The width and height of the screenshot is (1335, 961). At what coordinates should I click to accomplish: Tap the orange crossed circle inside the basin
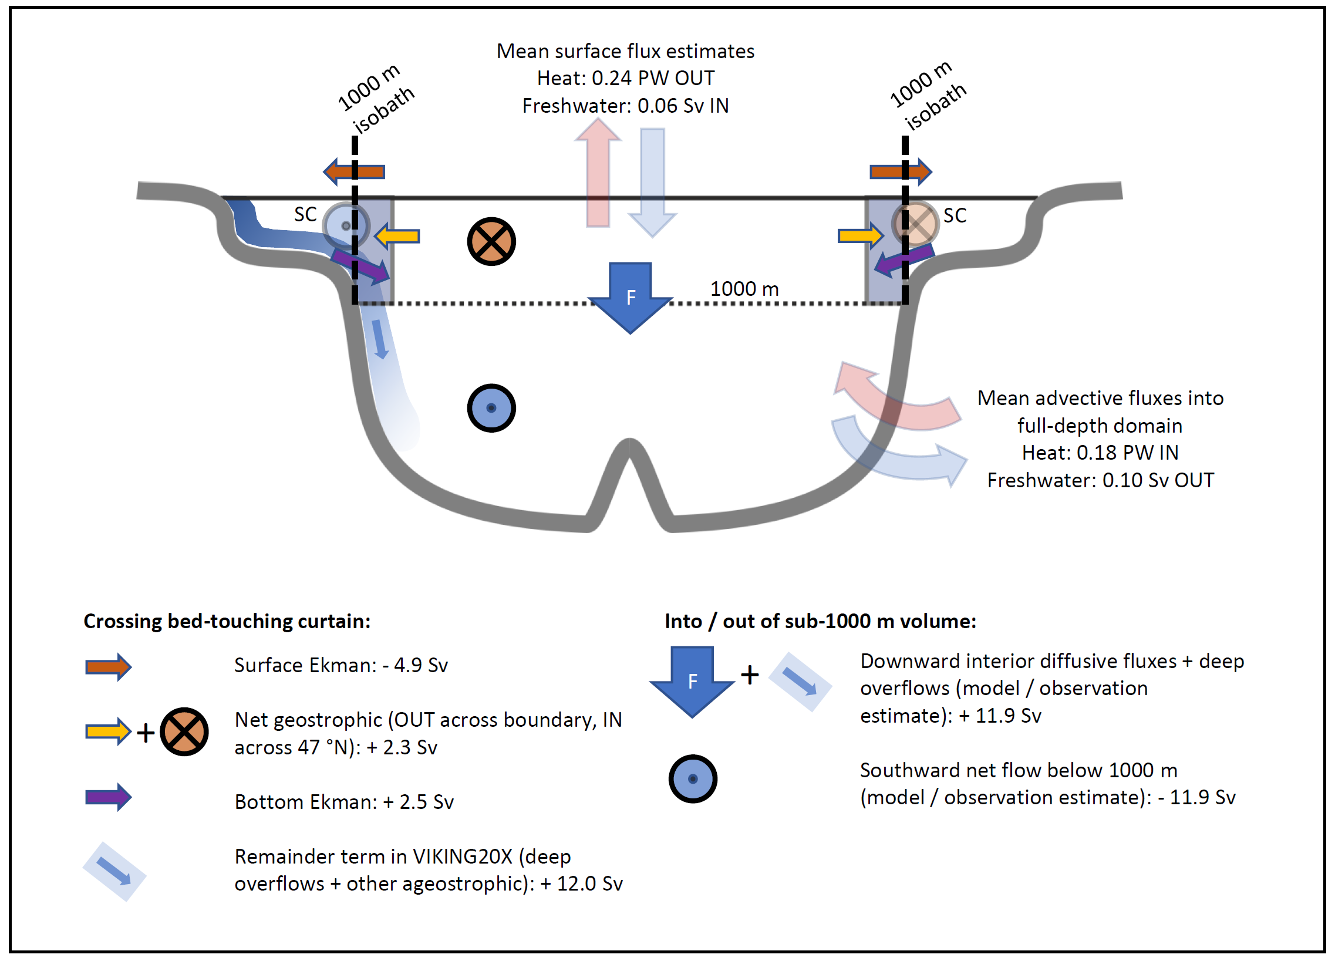(x=491, y=242)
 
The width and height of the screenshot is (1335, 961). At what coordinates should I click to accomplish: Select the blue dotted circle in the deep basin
(x=491, y=408)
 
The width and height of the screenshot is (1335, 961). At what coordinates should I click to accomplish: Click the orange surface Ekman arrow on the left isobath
(x=354, y=172)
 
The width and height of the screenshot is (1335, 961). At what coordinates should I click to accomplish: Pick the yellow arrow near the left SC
(x=397, y=237)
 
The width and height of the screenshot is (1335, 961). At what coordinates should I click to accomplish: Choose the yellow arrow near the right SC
(x=860, y=236)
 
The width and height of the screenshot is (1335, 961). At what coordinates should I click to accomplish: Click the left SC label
(x=305, y=214)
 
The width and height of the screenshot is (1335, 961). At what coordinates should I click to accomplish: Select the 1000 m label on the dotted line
(x=744, y=289)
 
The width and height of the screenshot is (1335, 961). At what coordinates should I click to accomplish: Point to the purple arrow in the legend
(x=108, y=797)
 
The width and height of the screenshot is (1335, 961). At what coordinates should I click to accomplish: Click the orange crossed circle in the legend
(x=184, y=731)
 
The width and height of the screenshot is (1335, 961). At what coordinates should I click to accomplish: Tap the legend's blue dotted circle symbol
(x=693, y=778)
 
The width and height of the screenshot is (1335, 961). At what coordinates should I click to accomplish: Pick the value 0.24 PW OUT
(x=653, y=78)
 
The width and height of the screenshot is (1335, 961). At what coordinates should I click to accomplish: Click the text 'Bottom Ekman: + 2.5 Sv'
(x=344, y=801)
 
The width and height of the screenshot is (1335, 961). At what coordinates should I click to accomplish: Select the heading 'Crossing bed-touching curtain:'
(x=227, y=621)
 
